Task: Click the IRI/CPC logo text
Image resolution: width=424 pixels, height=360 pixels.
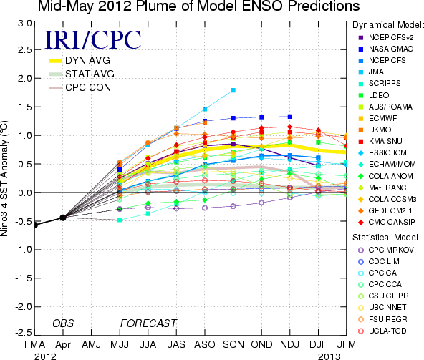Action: [x=92, y=39]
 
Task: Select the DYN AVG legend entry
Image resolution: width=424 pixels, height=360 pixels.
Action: [x=79, y=60]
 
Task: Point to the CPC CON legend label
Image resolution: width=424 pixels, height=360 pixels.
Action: [x=88, y=87]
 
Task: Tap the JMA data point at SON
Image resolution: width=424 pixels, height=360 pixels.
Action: [x=233, y=90]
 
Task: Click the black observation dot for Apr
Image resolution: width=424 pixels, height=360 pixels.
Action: [x=63, y=218]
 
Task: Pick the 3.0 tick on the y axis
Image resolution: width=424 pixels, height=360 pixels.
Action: [x=24, y=24]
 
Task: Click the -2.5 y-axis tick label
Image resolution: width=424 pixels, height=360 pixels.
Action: [x=23, y=332]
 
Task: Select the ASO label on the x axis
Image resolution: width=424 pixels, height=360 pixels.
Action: [x=205, y=344]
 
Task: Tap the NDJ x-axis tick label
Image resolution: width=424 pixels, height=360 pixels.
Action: [x=290, y=344]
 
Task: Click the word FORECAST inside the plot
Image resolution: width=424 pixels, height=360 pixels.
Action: [x=148, y=323]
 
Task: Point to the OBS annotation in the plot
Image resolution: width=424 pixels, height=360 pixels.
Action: [x=63, y=323]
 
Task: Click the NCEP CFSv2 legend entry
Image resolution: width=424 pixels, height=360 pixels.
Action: [x=386, y=37]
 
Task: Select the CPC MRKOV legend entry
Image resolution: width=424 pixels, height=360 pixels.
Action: [x=386, y=250]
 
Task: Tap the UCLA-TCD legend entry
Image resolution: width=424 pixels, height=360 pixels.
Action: [x=382, y=331]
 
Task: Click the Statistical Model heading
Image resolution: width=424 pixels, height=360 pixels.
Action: [x=387, y=238]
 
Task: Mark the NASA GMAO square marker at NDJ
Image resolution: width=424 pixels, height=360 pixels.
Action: [x=290, y=117]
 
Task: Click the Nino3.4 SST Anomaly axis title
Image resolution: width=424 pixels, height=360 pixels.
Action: [x=4, y=178]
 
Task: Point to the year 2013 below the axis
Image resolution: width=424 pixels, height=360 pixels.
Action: [x=329, y=356]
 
